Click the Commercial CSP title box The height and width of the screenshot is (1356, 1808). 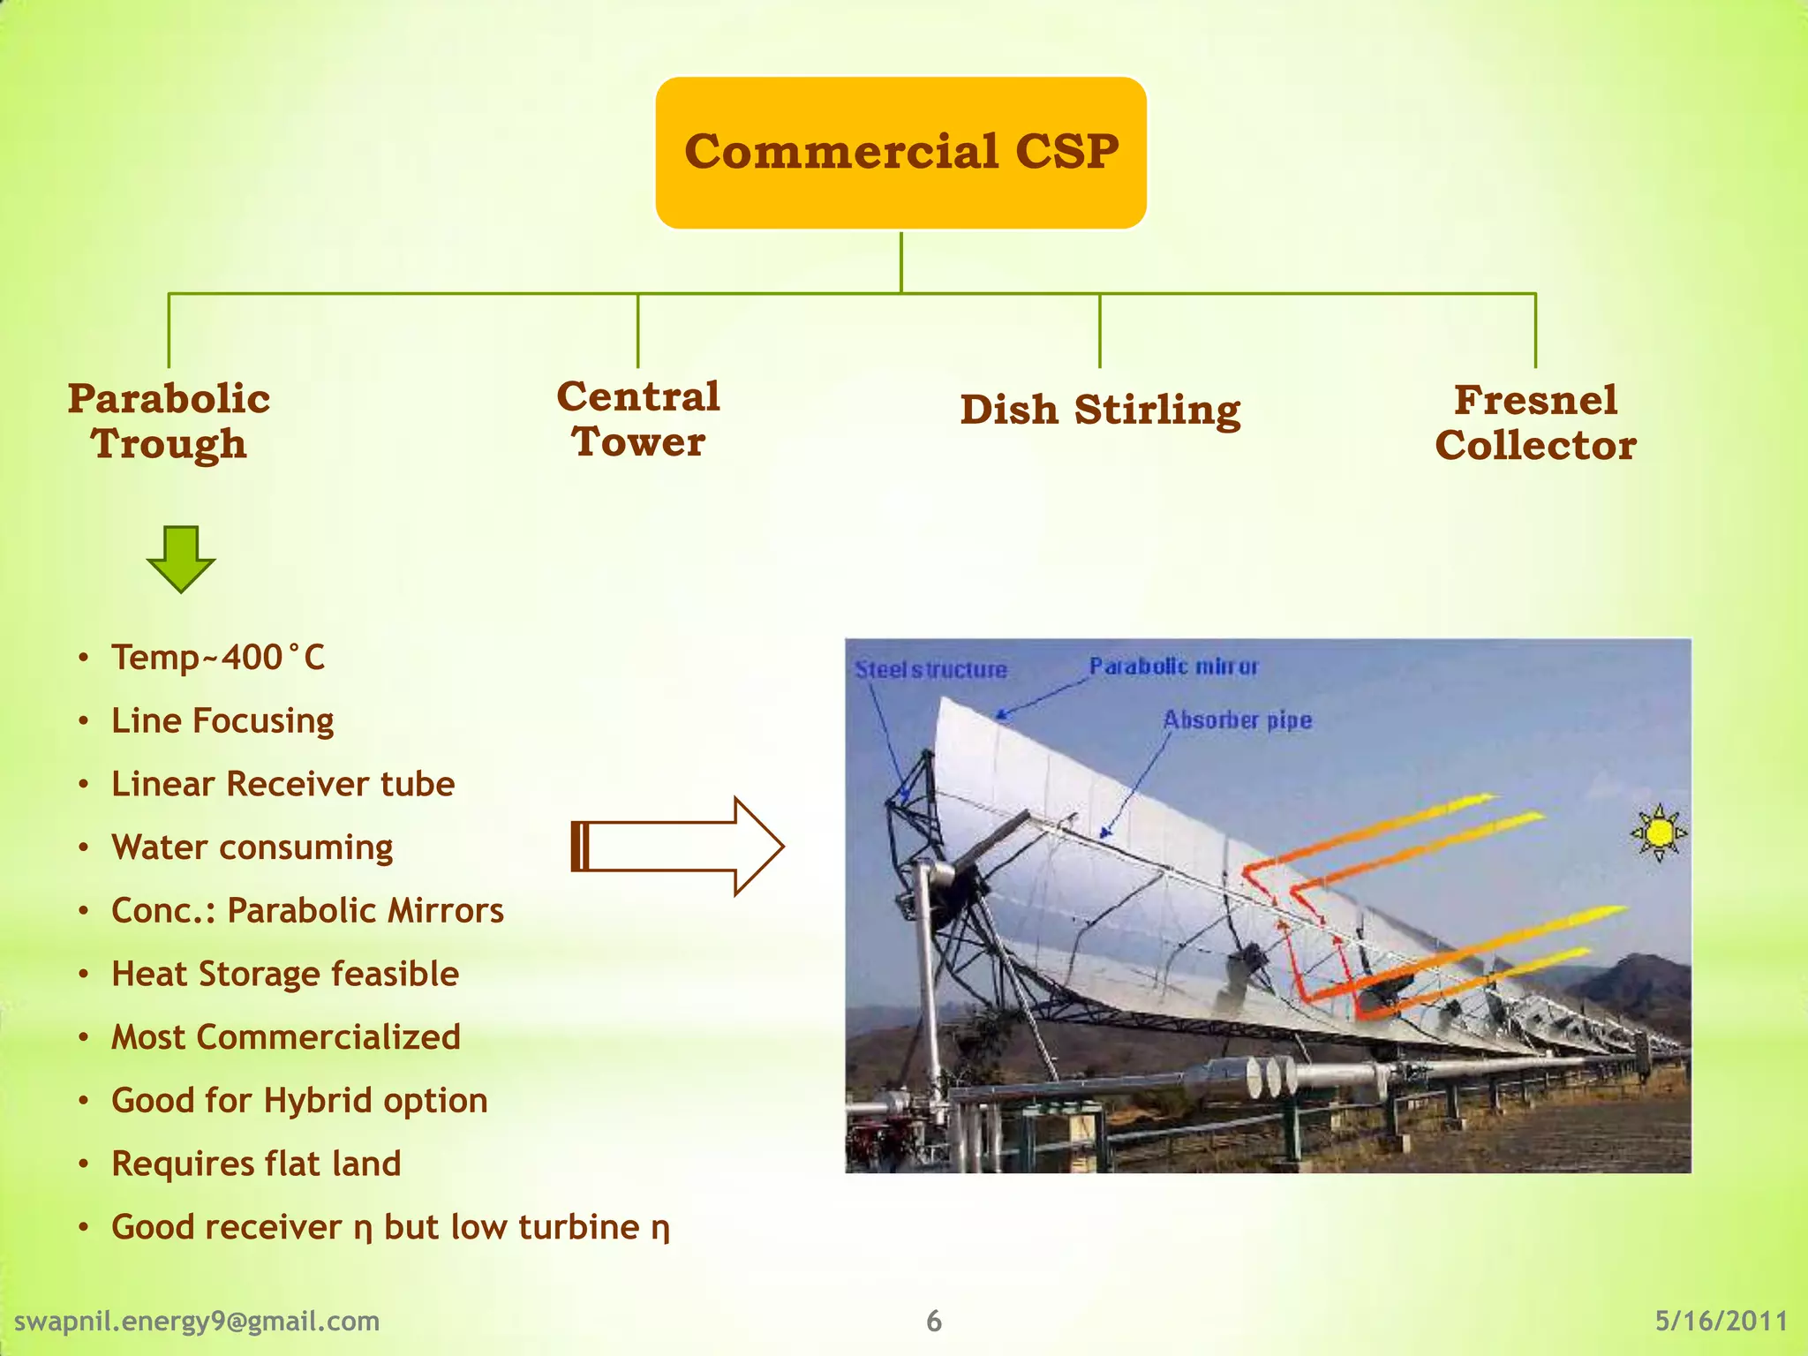tap(900, 152)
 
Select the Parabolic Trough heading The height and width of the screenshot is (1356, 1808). tap(169, 421)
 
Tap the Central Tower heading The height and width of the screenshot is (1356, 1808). tap(637, 419)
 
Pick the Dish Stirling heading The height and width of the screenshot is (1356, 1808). tap(1100, 410)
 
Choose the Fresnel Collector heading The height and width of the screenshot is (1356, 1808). tap(1535, 423)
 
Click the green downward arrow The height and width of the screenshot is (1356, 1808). tap(181, 559)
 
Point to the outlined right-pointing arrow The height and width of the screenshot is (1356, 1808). tap(678, 847)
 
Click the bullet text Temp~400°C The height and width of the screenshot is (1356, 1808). tap(218, 658)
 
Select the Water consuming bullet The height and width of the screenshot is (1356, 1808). tap(252, 847)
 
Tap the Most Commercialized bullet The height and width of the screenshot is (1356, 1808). tap(285, 1037)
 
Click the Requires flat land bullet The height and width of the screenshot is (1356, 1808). tap(256, 1164)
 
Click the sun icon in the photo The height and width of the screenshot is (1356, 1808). tap(1660, 832)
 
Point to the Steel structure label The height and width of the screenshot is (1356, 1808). tap(930, 670)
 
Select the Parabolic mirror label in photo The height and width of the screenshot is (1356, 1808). tap(1172, 667)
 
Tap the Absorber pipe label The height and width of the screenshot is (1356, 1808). tap(1237, 720)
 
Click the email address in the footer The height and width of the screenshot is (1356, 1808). tap(197, 1322)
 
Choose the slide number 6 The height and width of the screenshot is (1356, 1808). tap(934, 1322)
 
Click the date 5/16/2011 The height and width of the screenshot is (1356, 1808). tap(1721, 1322)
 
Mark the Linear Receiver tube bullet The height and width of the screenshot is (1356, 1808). tap(282, 784)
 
